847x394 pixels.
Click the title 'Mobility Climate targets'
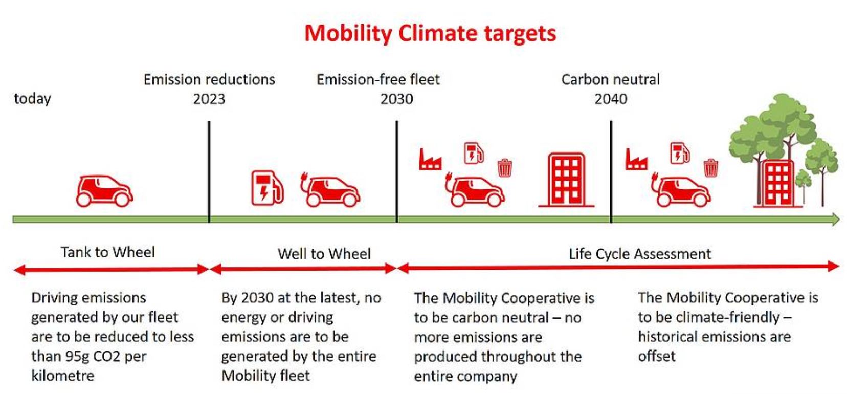coord(430,33)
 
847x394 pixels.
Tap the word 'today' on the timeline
coord(33,99)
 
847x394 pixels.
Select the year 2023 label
coord(209,99)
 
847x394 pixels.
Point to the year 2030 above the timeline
coord(397,99)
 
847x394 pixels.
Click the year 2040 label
coord(611,99)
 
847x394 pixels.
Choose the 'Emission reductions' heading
coord(209,80)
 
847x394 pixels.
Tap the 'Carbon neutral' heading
coord(610,80)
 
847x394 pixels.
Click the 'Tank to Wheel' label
coord(108,252)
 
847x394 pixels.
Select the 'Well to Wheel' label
coord(324,254)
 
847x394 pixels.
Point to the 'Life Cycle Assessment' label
coord(640,254)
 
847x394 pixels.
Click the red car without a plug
coord(104,191)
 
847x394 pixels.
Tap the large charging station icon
coord(268,188)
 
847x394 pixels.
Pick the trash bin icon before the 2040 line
coord(504,168)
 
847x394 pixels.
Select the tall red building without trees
coord(566,180)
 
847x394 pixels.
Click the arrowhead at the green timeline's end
coord(835,220)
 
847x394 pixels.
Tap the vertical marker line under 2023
coord(209,171)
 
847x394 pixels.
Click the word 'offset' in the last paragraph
coord(656,356)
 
